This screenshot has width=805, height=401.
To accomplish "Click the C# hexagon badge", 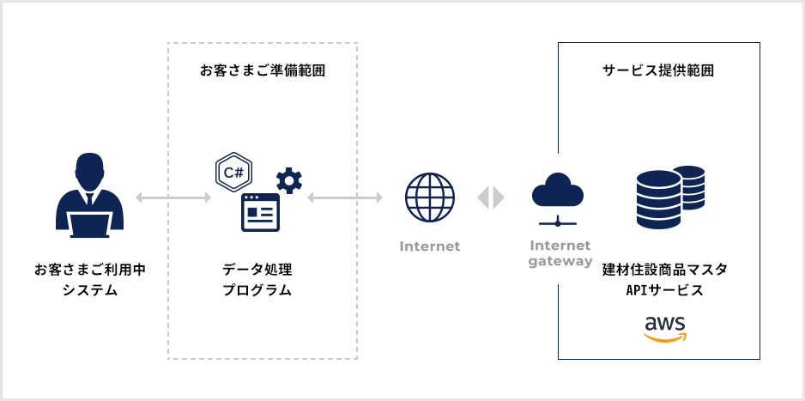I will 233,172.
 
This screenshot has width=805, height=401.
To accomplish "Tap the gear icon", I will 289,180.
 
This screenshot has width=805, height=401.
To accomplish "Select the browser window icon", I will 261,212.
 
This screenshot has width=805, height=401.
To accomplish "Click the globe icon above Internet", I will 429,197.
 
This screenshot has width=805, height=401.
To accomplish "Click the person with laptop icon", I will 90,196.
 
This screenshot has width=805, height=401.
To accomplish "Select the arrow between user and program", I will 173,198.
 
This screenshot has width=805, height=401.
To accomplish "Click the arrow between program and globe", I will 344,198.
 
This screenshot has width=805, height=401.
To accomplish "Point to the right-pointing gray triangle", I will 499,197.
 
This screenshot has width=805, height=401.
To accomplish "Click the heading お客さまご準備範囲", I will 262,70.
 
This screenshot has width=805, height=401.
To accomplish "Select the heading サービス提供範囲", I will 658,70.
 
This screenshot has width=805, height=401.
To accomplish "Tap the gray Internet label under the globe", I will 430,246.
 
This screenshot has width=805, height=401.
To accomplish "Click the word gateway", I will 560,261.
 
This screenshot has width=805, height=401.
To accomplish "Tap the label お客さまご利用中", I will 90,270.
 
